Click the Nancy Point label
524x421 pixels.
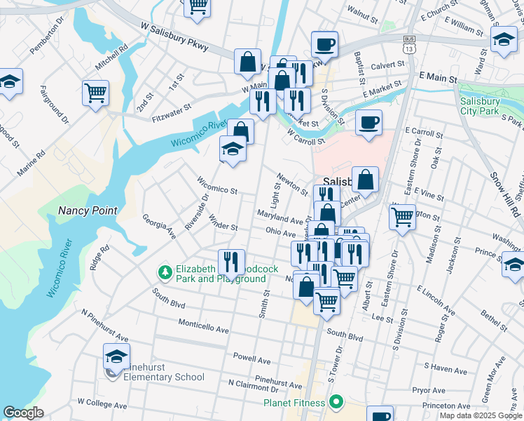click(x=88, y=210)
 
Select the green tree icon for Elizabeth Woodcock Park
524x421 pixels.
click(x=165, y=271)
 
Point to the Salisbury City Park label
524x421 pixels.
click(x=480, y=106)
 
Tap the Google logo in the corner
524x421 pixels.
click(x=23, y=413)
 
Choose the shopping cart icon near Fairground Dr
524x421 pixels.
click(x=95, y=93)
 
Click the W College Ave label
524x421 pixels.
click(x=102, y=405)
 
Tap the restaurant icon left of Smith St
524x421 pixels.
click(x=231, y=262)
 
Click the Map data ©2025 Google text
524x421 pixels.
click(x=480, y=415)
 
